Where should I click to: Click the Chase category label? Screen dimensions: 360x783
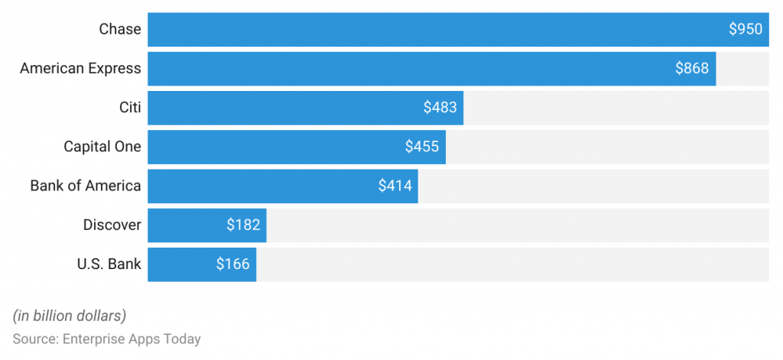(x=120, y=29)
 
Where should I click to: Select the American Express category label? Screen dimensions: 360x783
(x=80, y=69)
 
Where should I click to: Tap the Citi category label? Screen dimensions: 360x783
(x=130, y=108)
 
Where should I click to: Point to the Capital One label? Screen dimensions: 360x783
(x=102, y=147)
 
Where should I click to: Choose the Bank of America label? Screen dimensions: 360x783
(x=86, y=186)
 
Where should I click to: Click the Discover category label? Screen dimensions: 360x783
(x=112, y=225)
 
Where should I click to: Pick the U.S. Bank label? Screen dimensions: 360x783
(x=109, y=264)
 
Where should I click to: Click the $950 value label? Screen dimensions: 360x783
(x=745, y=29)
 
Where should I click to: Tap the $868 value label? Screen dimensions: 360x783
(x=692, y=69)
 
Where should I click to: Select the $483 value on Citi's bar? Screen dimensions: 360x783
(x=440, y=108)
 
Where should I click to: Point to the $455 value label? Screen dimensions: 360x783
(x=422, y=147)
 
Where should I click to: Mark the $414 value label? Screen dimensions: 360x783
(x=395, y=186)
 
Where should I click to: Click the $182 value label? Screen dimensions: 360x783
(x=243, y=225)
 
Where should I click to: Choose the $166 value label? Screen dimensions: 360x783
(x=232, y=264)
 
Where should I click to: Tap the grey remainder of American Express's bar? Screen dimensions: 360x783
(x=742, y=69)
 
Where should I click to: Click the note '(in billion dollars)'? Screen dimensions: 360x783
(x=70, y=316)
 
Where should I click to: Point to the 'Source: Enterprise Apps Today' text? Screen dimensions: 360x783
(x=106, y=339)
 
